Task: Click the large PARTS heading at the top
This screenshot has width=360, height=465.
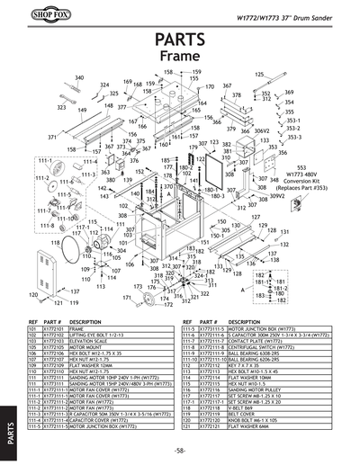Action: pyautogui.click(x=180, y=40)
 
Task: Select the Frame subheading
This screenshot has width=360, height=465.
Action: pyautogui.click(x=180, y=57)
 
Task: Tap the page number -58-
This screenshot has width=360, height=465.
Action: pyautogui.click(x=180, y=449)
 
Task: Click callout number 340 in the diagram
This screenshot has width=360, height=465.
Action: pyautogui.click(x=79, y=78)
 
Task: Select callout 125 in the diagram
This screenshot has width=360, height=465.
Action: pyautogui.click(x=260, y=74)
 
